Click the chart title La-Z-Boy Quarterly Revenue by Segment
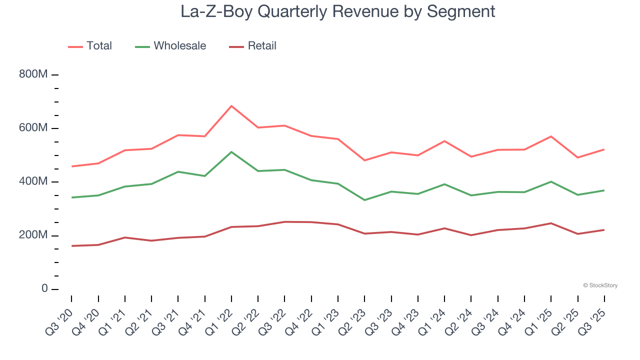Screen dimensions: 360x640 [x=338, y=11]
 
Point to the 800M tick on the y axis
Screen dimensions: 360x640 [x=33, y=74]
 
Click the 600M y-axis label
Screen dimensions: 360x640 [x=33, y=128]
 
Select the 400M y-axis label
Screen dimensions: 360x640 [x=33, y=181]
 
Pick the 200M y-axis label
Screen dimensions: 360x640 [x=33, y=235]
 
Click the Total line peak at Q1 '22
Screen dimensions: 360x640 [x=231, y=106]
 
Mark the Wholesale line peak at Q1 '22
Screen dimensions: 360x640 [x=231, y=152]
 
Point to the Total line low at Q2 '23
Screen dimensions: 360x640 [x=364, y=160]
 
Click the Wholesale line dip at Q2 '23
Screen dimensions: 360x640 [x=364, y=200]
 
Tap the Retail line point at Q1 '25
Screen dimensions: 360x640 [x=551, y=223]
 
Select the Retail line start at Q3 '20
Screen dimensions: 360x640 [x=71, y=246]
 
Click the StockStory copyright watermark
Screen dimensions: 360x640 [x=600, y=285]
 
